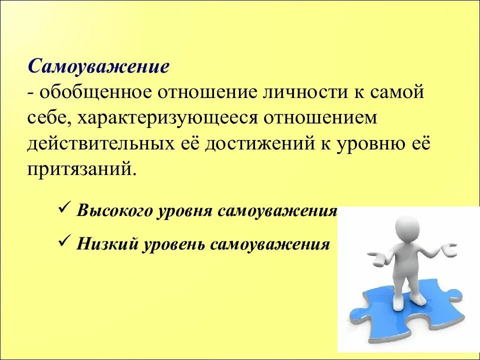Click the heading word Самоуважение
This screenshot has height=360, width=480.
(98, 66)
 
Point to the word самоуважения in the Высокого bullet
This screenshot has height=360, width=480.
(277, 210)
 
